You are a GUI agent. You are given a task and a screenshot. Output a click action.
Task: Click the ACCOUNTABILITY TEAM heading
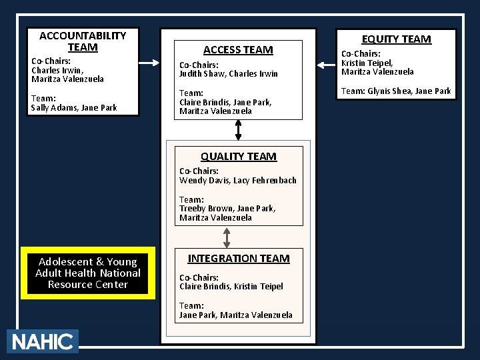coord(83,41)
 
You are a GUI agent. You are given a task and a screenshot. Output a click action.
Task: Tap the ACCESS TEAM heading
coord(238,50)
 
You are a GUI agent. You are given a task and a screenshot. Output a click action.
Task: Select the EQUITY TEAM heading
coord(396,39)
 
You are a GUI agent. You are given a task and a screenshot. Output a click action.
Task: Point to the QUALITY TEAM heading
coord(238,157)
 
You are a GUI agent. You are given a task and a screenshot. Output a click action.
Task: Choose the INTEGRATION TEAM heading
coord(238,258)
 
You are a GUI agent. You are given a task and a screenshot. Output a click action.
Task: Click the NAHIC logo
coord(42,341)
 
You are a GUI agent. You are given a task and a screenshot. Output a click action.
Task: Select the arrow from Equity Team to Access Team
coord(327,65)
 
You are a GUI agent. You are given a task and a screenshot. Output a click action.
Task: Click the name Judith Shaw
coord(201,74)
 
